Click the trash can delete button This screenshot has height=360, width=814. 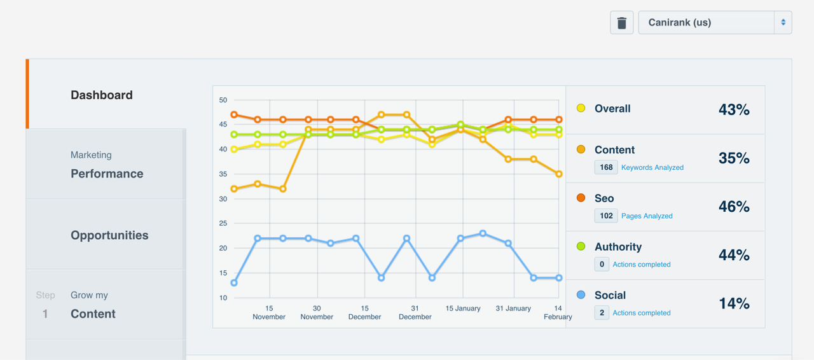tap(622, 23)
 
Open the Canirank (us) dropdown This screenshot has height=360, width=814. tap(715, 23)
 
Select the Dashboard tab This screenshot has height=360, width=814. tap(102, 95)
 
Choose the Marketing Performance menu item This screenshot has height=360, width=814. tap(106, 165)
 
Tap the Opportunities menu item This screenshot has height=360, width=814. tap(109, 235)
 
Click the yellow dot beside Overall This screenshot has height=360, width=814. tap(581, 108)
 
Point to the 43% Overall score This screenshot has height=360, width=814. tap(734, 109)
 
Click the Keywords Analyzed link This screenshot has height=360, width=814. tap(652, 167)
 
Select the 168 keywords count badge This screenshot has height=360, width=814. tap(606, 167)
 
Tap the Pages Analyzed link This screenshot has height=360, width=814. tap(647, 216)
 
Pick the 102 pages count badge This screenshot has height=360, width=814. tap(606, 216)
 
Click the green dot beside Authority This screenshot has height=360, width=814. tap(581, 246)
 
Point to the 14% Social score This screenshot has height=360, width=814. tap(734, 303)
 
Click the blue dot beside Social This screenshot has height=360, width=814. tap(581, 294)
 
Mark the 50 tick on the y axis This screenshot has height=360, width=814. tap(223, 100)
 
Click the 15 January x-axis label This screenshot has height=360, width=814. tap(463, 308)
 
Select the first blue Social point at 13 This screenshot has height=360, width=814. tap(234, 283)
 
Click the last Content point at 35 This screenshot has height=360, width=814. tap(559, 174)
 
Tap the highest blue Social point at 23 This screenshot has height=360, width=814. tap(483, 233)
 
